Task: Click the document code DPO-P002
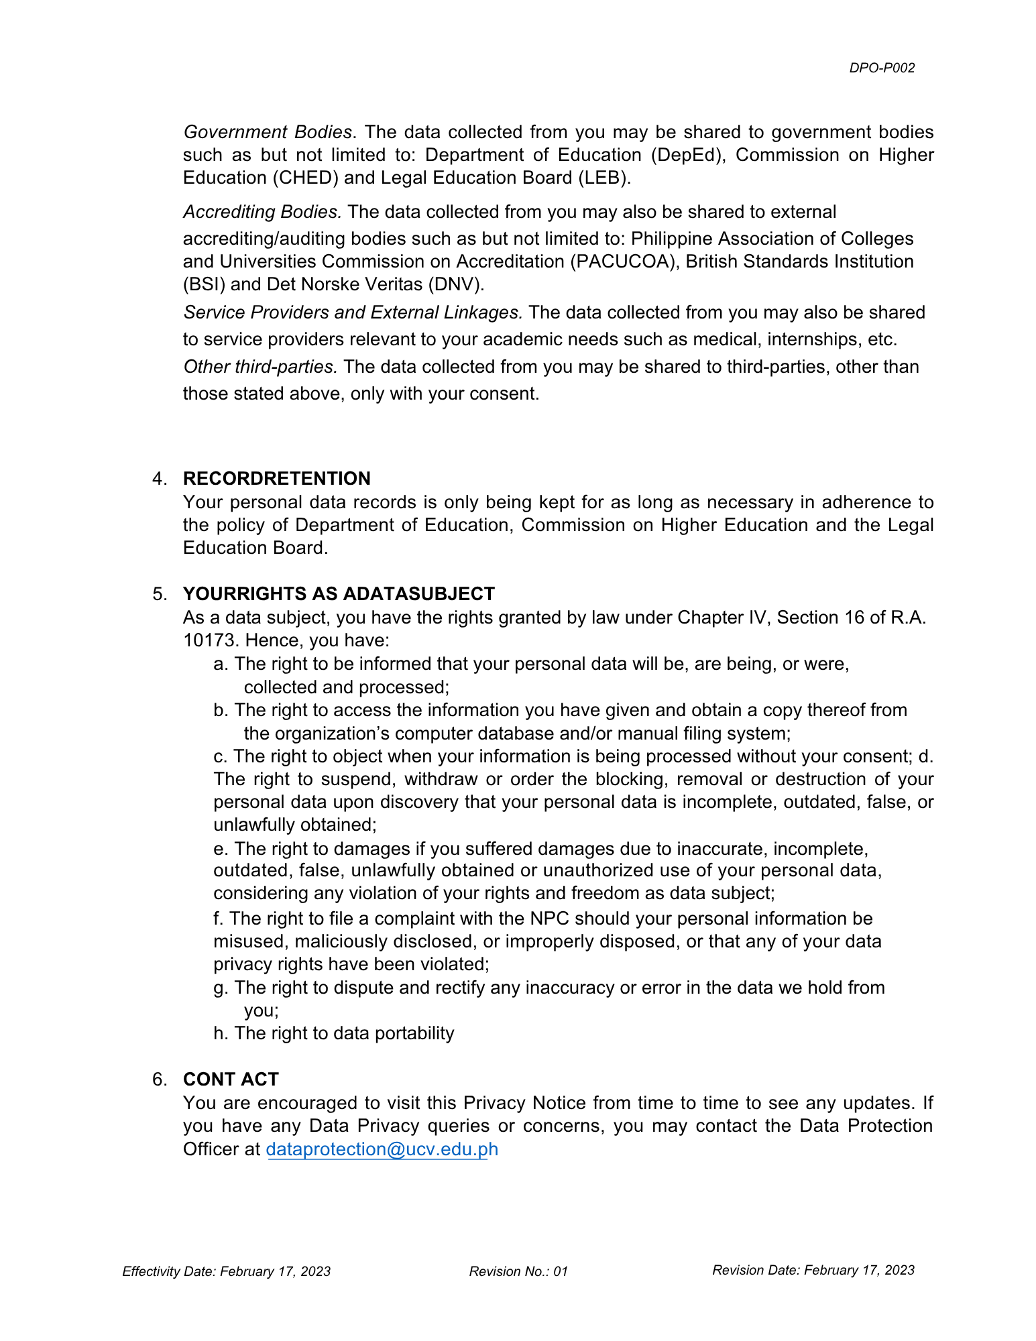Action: click(881, 68)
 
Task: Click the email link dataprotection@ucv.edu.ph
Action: click(382, 1149)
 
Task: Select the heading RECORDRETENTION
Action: click(276, 478)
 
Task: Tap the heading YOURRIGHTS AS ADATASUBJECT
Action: click(339, 593)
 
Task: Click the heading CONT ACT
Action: click(231, 1079)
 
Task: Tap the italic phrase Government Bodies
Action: click(268, 132)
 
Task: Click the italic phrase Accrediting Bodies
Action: click(262, 212)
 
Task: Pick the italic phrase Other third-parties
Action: click(260, 367)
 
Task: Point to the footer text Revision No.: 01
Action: click(518, 1271)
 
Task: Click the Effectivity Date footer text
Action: click(226, 1271)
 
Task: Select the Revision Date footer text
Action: click(813, 1270)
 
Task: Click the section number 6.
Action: click(159, 1079)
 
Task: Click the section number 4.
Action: click(159, 478)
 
